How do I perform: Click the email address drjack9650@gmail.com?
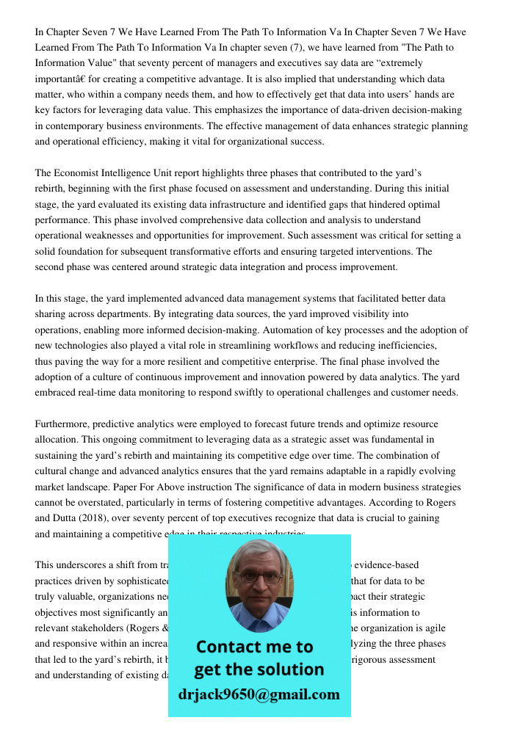259,694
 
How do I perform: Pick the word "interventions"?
386,251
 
